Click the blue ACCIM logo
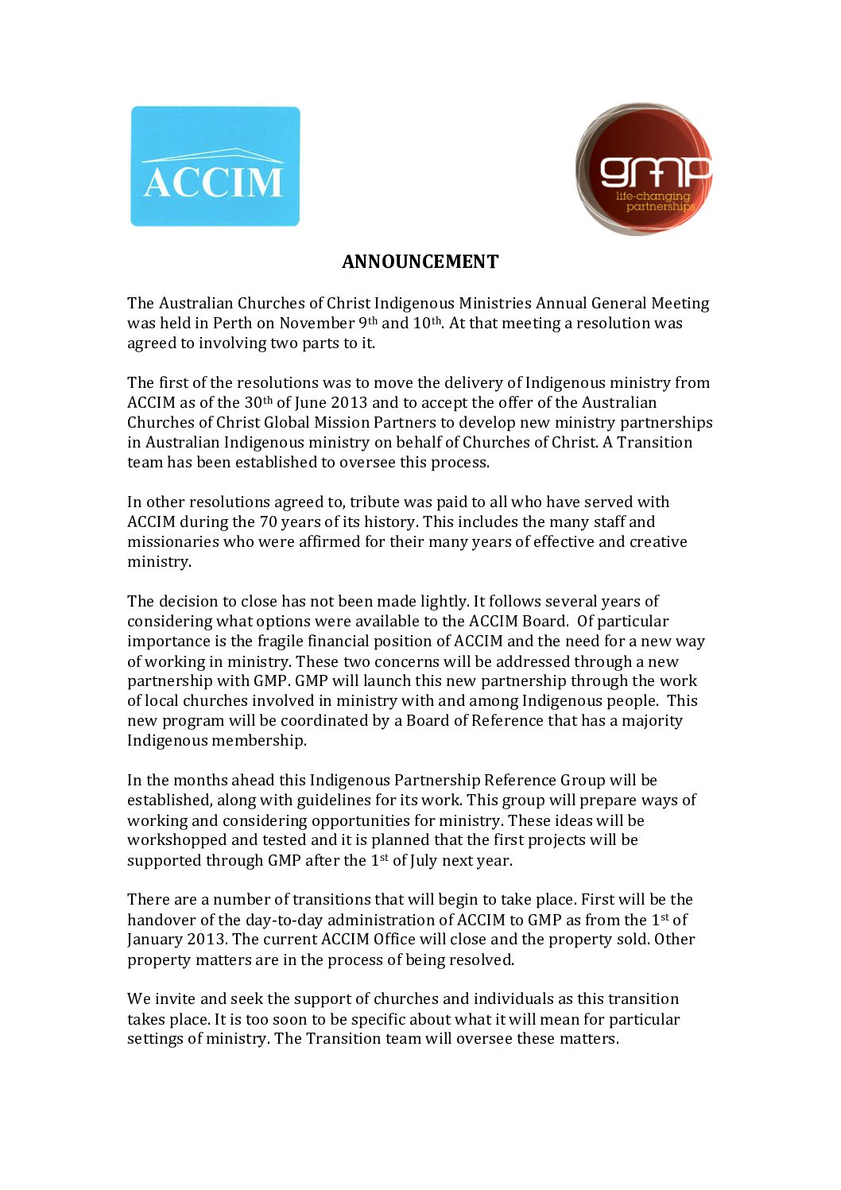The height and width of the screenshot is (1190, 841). [x=215, y=166]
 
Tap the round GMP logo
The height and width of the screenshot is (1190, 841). [x=643, y=169]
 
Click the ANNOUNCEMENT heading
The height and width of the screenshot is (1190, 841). [x=420, y=262]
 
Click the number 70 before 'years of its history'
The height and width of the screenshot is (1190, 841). [x=268, y=522]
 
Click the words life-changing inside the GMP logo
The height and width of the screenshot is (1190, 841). [x=653, y=196]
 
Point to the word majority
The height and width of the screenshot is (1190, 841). [x=652, y=721]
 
